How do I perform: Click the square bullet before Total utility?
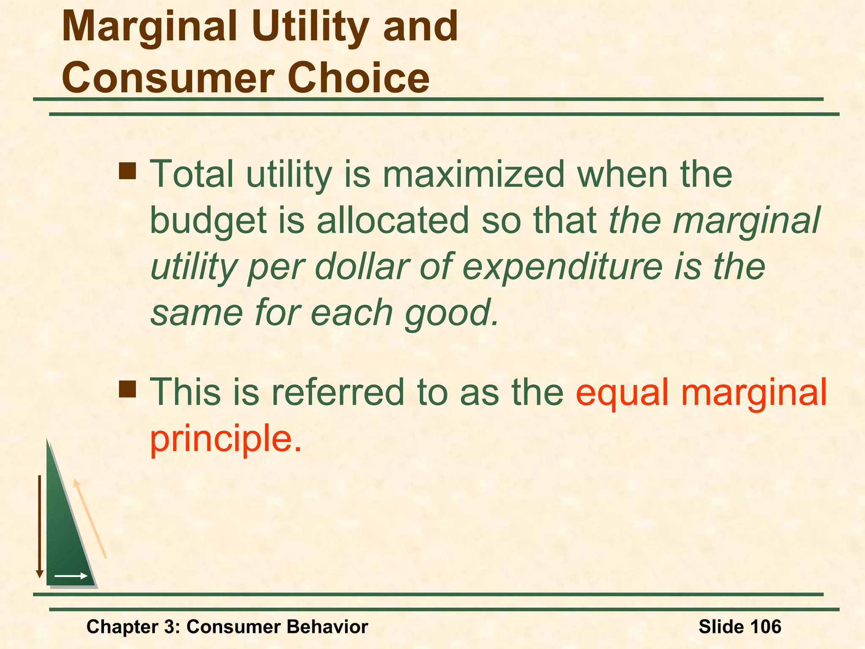[128, 171]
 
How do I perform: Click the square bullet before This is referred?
[128, 389]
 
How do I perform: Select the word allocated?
[393, 221]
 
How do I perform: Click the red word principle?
[225, 439]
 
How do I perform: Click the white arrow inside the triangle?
[71, 576]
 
